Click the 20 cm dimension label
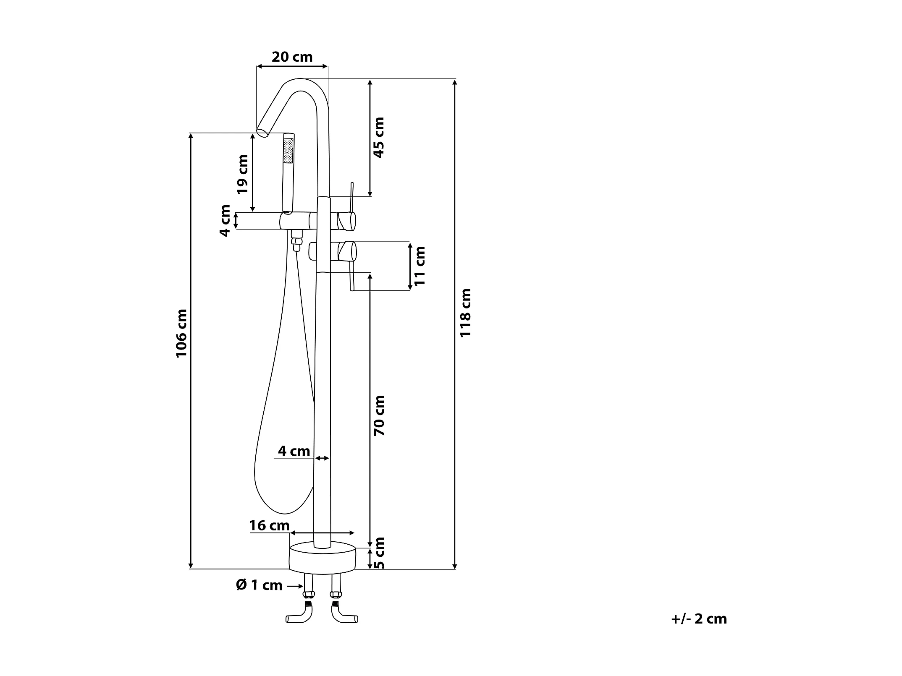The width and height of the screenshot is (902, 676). click(x=292, y=57)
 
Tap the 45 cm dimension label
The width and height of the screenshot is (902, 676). click(x=378, y=137)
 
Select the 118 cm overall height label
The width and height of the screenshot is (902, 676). click(x=465, y=313)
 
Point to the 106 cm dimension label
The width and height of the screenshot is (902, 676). click(x=181, y=334)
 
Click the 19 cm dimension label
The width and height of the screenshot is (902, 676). click(x=242, y=174)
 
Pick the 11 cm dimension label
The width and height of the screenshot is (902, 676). click(x=420, y=266)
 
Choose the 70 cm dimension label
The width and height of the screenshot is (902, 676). click(x=379, y=415)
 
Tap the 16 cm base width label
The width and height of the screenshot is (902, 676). click(x=269, y=525)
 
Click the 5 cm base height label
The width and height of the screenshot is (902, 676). click(x=379, y=553)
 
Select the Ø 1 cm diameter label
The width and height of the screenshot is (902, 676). click(x=259, y=585)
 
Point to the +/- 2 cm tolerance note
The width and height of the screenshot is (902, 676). click(x=699, y=619)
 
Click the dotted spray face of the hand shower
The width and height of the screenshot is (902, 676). click(x=288, y=151)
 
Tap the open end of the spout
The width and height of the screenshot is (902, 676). click(x=263, y=133)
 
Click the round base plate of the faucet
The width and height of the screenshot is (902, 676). click(x=322, y=557)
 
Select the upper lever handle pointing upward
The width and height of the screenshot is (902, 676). click(x=352, y=197)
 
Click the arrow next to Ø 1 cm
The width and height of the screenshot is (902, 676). click(x=295, y=586)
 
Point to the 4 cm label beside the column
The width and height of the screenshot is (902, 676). click(x=294, y=451)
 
